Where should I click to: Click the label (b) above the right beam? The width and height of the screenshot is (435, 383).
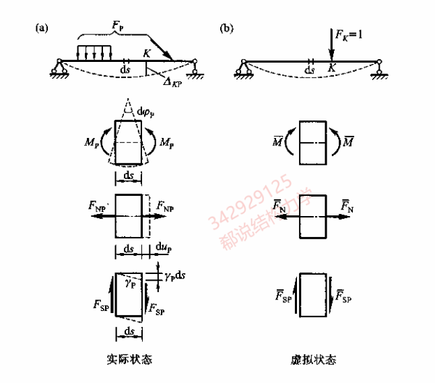[x=227, y=28]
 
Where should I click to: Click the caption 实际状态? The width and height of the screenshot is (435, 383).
[x=130, y=359]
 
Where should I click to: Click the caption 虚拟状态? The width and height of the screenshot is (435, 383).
[x=315, y=359]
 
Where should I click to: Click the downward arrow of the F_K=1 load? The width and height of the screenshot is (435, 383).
[x=329, y=46]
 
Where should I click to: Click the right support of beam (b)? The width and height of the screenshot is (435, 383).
[x=380, y=67]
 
